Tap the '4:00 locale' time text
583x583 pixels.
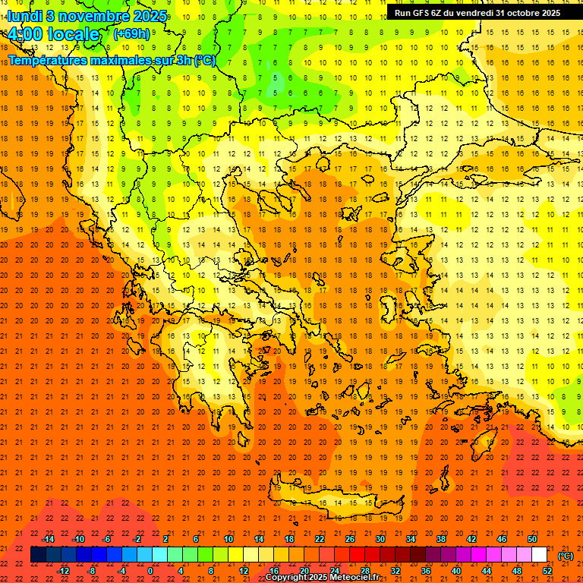pyautogui.click(x=54, y=34)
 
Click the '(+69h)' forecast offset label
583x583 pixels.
pyautogui.click(x=131, y=34)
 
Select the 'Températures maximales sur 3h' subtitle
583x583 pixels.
pyautogui.click(x=111, y=60)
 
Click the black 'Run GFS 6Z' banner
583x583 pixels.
pyautogui.click(x=477, y=13)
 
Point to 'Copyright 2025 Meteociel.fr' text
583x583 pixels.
pyautogui.click(x=322, y=578)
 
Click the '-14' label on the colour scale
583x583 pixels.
pyautogui.click(x=49, y=539)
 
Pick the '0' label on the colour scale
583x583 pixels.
pyautogui.click(x=150, y=571)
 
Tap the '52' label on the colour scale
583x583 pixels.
pyautogui.click(x=547, y=571)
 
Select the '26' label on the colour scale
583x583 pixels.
pyautogui.click(x=350, y=539)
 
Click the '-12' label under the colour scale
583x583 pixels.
pyautogui.click(x=64, y=571)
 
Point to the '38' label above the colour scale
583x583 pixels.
pyautogui.click(x=441, y=539)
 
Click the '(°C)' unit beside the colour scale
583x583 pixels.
pyautogui.click(x=566, y=556)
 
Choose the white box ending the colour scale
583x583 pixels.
pyautogui.click(x=540, y=555)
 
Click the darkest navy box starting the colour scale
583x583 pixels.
pyautogui.click(x=38, y=555)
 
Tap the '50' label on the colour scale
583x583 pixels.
pyautogui.click(x=532, y=539)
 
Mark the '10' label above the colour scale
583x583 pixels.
pyautogui.click(x=228, y=539)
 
